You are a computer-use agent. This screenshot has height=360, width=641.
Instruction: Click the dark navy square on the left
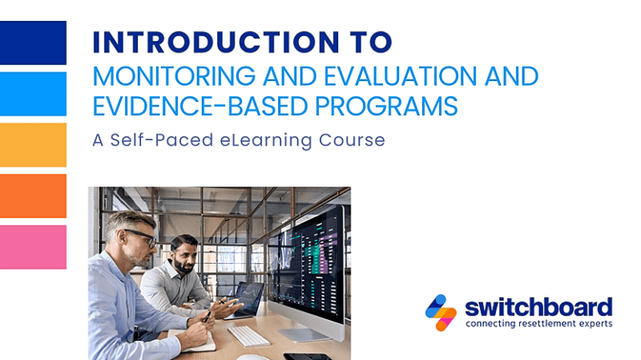[33, 43]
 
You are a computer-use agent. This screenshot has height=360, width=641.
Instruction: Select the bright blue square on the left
[33, 94]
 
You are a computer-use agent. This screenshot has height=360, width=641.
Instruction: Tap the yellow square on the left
[33, 145]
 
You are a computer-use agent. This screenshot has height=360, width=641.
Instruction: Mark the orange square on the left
[33, 195]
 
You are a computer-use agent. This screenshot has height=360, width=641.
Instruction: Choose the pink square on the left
[33, 246]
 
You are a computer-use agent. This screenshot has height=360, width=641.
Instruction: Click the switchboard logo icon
[441, 312]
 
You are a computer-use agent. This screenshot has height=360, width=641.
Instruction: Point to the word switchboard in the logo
[538, 307]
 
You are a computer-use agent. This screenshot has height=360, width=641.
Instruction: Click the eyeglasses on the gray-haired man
[143, 237]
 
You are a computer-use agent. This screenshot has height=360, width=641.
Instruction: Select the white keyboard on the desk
[249, 335]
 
